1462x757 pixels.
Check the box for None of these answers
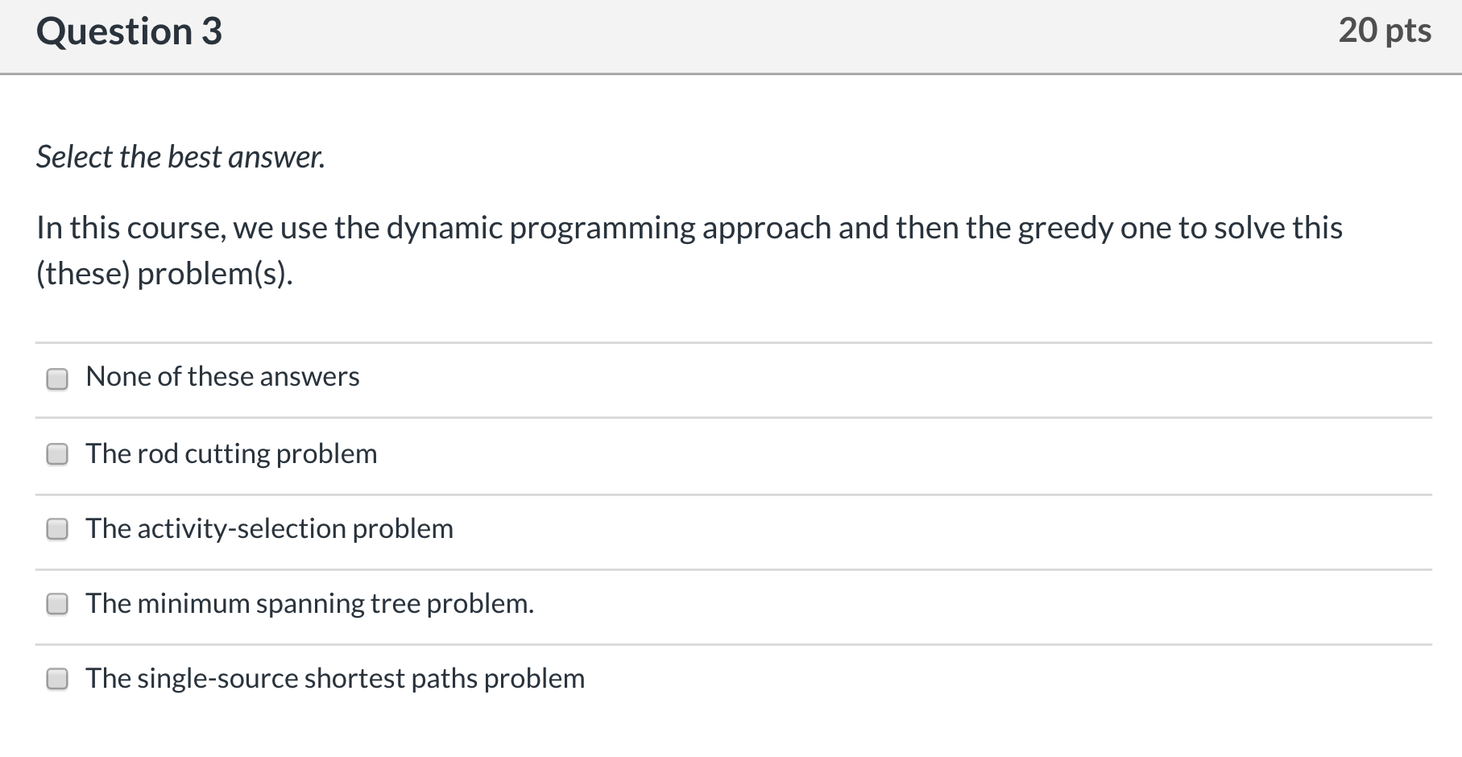(57, 378)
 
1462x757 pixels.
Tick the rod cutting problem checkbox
(57, 454)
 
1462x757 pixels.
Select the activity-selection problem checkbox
(57, 529)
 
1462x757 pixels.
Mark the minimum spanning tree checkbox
(57, 604)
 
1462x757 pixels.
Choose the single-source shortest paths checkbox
(57, 679)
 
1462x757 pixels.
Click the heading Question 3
(129, 32)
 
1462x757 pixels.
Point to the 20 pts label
(1385, 31)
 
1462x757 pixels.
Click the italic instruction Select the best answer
(180, 157)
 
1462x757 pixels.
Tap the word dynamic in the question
(444, 229)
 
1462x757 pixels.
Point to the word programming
(602, 229)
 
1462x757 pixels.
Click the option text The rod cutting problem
(231, 454)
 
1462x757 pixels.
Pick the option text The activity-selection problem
(269, 529)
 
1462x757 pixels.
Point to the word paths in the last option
(444, 679)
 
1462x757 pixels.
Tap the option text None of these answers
(222, 377)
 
